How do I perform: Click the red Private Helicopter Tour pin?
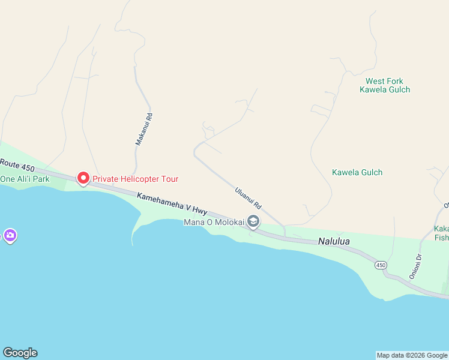(x=83, y=178)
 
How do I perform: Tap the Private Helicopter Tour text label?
(x=135, y=179)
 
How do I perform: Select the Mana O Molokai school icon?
(x=253, y=222)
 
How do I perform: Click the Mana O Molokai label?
(x=214, y=222)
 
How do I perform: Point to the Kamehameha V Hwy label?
(x=172, y=203)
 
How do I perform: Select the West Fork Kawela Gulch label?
(x=384, y=85)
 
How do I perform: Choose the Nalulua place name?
(x=333, y=242)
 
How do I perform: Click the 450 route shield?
(x=380, y=265)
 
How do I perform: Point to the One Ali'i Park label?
(x=23, y=179)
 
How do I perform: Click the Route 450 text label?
(x=18, y=164)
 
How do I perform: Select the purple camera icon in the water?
(x=10, y=235)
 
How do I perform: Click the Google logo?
(x=20, y=353)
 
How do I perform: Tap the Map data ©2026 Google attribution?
(x=412, y=355)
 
